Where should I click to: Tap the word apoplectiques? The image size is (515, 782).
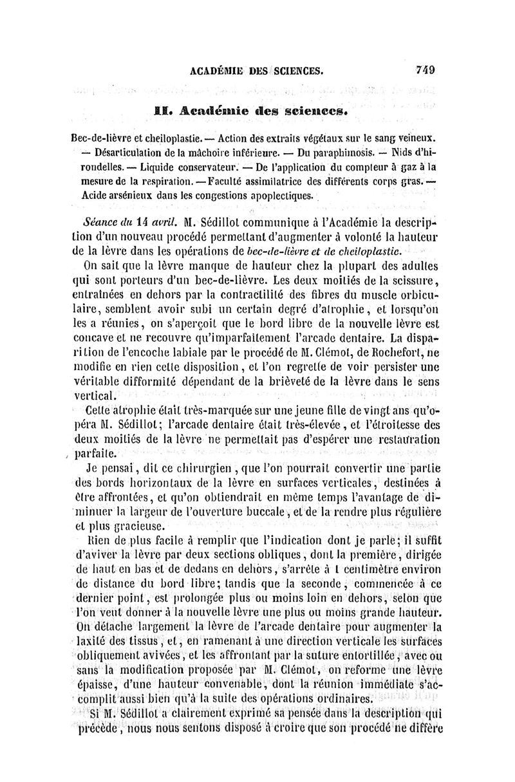click(x=281, y=195)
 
